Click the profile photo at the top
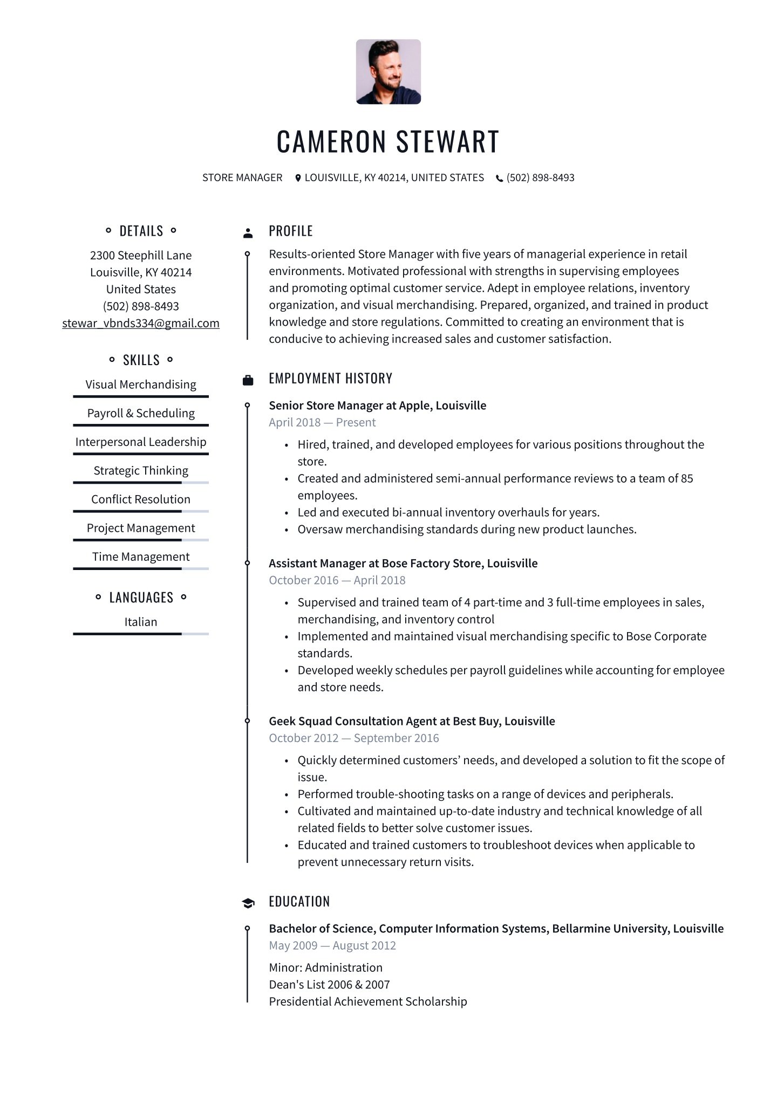(388, 72)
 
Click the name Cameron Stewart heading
(388, 141)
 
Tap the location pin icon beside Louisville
(298, 178)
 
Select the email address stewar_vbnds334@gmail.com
(141, 323)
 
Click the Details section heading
(141, 231)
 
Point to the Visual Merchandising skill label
(141, 385)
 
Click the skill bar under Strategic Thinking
(141, 482)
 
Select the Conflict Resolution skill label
(141, 499)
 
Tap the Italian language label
(141, 622)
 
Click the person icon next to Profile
(248, 233)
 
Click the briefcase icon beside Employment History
(248, 380)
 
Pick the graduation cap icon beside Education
(248, 903)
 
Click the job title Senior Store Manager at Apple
(377, 406)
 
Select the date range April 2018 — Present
(322, 422)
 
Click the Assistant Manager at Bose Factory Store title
(403, 564)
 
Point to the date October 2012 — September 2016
(354, 738)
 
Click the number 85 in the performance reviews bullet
(686, 478)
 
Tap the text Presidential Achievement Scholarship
(368, 1001)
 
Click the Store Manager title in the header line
(242, 178)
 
